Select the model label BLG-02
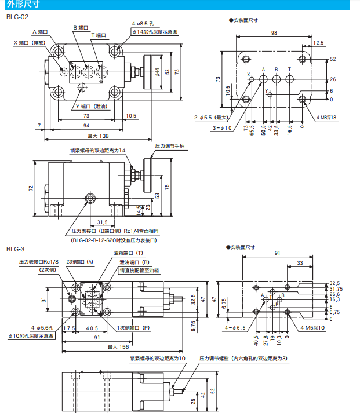click(17, 17)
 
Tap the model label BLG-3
click(15, 249)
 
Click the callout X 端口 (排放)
click(31, 43)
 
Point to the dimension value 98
click(272, 34)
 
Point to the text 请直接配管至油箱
click(139, 270)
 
